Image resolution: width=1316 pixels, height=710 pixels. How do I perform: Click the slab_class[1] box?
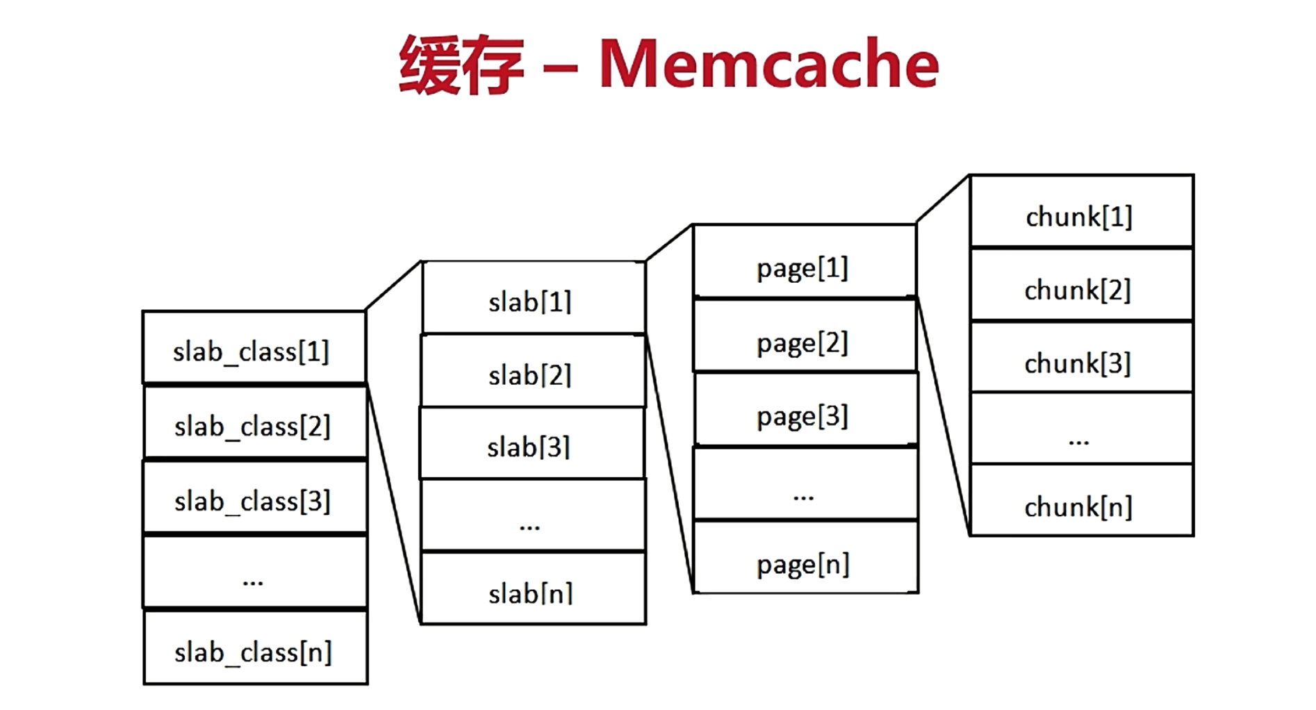[x=254, y=347]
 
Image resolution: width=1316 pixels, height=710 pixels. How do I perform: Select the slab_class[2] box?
[x=255, y=422]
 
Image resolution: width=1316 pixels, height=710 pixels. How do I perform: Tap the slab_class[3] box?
[x=255, y=497]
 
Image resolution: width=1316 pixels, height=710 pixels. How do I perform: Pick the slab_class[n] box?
[x=256, y=647]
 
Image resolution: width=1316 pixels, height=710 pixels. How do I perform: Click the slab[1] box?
[x=534, y=298]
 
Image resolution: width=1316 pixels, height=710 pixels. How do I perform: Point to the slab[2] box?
[x=533, y=371]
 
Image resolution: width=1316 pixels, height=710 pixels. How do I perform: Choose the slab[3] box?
[x=532, y=443]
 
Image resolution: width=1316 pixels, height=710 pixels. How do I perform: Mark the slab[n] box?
[x=534, y=588]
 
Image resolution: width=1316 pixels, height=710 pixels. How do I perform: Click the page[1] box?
[x=805, y=261]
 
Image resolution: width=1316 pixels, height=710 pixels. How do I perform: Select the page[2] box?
[x=805, y=336]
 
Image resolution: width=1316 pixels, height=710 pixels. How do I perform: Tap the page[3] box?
[x=806, y=409]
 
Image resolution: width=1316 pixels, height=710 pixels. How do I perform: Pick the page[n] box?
[x=806, y=557]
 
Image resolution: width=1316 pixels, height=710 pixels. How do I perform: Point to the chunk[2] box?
[x=1082, y=284]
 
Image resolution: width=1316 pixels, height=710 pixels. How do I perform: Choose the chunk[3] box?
[x=1082, y=357]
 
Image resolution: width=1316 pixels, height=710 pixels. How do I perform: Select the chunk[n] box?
[x=1082, y=500]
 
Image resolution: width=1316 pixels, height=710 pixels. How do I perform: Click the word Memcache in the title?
[x=769, y=65]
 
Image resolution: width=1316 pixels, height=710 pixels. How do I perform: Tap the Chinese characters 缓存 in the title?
[x=461, y=65]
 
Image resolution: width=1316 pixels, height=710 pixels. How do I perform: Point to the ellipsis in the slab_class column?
[x=253, y=582]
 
